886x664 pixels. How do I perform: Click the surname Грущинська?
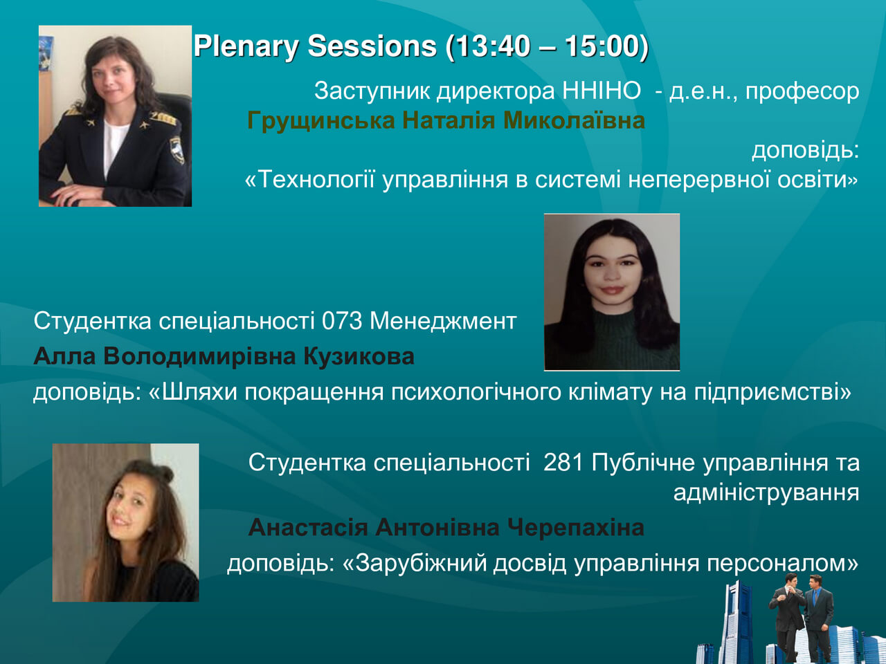pyautogui.click(x=321, y=121)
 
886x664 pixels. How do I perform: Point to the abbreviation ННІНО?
pyautogui.click(x=602, y=91)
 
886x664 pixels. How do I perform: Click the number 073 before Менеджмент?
pyautogui.click(x=342, y=322)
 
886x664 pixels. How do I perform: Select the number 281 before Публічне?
pyautogui.click(x=563, y=463)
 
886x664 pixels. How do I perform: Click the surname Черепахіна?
pyautogui.click(x=575, y=527)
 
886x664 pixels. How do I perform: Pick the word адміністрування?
pyautogui.click(x=766, y=493)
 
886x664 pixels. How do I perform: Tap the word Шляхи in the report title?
pyautogui.click(x=199, y=391)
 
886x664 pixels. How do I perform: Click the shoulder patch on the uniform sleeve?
pyautogui.click(x=177, y=149)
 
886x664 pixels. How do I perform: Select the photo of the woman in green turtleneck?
pyautogui.click(x=612, y=293)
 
